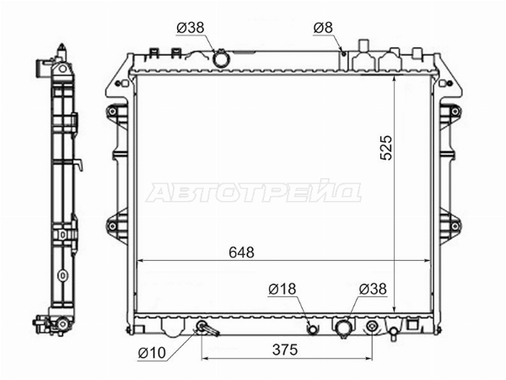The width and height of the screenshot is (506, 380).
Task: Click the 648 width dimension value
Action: pyautogui.click(x=241, y=252)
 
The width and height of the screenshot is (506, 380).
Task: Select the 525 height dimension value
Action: pyautogui.click(x=386, y=148)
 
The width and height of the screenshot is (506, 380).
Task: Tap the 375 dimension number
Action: pyautogui.click(x=285, y=350)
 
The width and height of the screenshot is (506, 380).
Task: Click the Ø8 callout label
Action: pyautogui.click(x=323, y=28)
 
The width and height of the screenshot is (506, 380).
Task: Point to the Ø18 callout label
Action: pyautogui.click(x=282, y=289)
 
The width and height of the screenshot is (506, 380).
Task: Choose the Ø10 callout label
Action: pyautogui.click(x=152, y=353)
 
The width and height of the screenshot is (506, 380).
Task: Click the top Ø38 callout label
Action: pyautogui.click(x=191, y=28)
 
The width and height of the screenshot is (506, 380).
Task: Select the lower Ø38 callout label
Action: pyautogui.click(x=373, y=289)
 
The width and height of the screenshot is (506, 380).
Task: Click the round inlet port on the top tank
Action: pyautogui.click(x=221, y=59)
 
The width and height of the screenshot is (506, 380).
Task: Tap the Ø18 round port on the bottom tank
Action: pyautogui.click(x=313, y=329)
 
